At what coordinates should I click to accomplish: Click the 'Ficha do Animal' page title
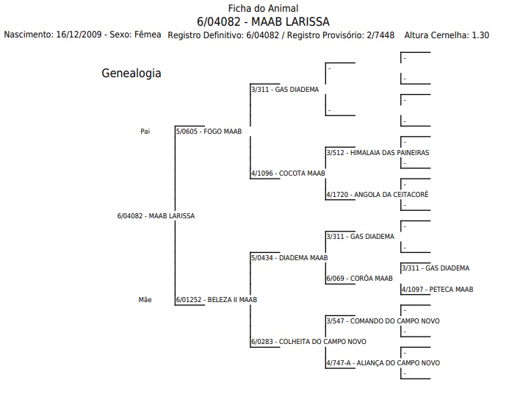pyautogui.click(x=263, y=8)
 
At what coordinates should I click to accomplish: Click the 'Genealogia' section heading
pyautogui.click(x=131, y=74)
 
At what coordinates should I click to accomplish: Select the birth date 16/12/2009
pyautogui.click(x=79, y=35)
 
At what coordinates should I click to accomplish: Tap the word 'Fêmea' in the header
pyautogui.click(x=148, y=35)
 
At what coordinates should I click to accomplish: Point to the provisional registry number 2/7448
pyautogui.click(x=380, y=35)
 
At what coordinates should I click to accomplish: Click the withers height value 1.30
pyautogui.click(x=480, y=35)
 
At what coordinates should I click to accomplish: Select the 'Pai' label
pyautogui.click(x=145, y=132)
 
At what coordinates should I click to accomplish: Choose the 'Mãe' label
pyautogui.click(x=145, y=299)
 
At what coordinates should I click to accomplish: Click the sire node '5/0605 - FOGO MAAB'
pyautogui.click(x=209, y=132)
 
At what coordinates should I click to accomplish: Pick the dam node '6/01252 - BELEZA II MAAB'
pyautogui.click(x=217, y=299)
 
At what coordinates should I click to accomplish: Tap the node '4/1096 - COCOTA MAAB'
pyautogui.click(x=288, y=173)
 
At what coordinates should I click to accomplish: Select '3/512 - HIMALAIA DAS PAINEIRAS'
pyautogui.click(x=378, y=153)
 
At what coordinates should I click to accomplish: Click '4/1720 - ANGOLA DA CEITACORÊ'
pyautogui.click(x=378, y=195)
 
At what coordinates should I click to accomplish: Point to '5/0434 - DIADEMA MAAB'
pyautogui.click(x=289, y=258)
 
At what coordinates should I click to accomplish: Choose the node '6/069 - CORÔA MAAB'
pyautogui.click(x=360, y=279)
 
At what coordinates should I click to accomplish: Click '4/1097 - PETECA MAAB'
pyautogui.click(x=438, y=290)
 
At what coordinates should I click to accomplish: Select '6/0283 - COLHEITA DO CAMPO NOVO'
pyautogui.click(x=308, y=342)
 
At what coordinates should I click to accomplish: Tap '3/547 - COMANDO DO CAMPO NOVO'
pyautogui.click(x=383, y=321)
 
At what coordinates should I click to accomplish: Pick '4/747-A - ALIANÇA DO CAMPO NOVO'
pyautogui.click(x=383, y=363)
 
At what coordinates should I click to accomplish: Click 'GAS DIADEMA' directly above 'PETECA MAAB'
pyautogui.click(x=447, y=268)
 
